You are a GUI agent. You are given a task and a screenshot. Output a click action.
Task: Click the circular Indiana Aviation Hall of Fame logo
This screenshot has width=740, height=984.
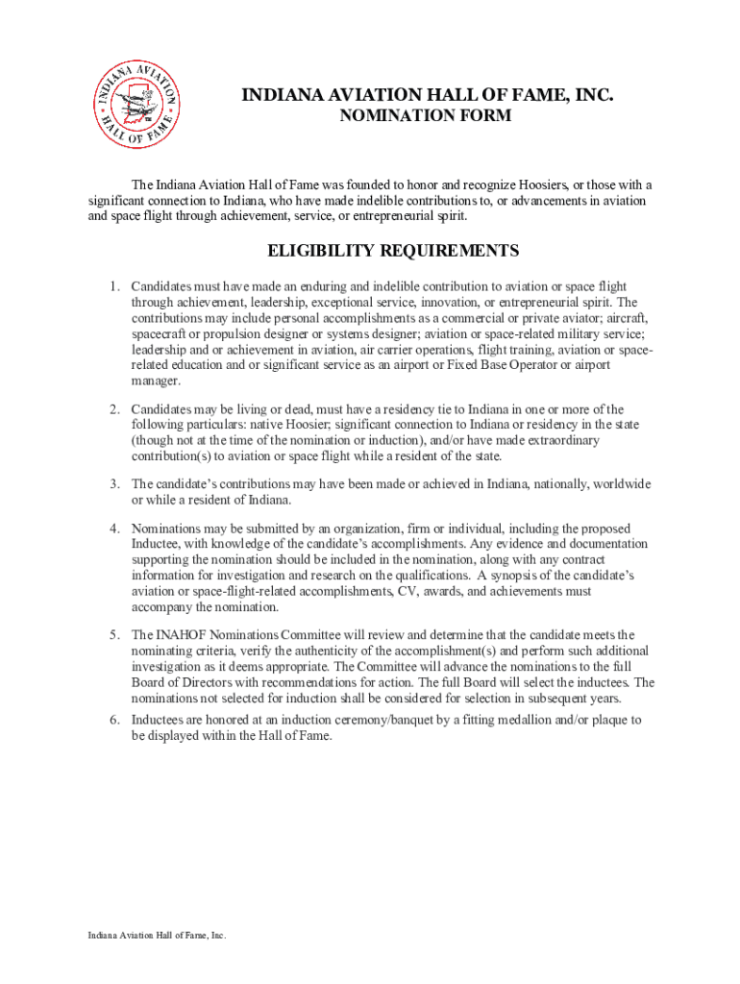(136, 105)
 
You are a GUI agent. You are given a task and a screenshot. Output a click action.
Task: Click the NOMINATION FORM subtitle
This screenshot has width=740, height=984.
(427, 116)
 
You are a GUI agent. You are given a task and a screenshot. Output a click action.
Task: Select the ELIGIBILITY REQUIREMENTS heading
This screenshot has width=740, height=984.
(392, 252)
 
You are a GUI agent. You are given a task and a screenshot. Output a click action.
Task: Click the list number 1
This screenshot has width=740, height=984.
(112, 286)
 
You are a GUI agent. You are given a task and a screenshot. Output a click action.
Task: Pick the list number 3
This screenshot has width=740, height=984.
(112, 483)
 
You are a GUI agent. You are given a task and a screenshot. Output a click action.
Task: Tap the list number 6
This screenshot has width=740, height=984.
(112, 720)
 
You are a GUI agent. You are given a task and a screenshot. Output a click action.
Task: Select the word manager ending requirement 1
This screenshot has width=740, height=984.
(155, 381)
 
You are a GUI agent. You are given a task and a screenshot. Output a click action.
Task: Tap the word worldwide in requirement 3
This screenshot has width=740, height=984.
(622, 483)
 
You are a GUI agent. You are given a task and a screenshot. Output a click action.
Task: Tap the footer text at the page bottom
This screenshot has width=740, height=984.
(157, 935)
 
